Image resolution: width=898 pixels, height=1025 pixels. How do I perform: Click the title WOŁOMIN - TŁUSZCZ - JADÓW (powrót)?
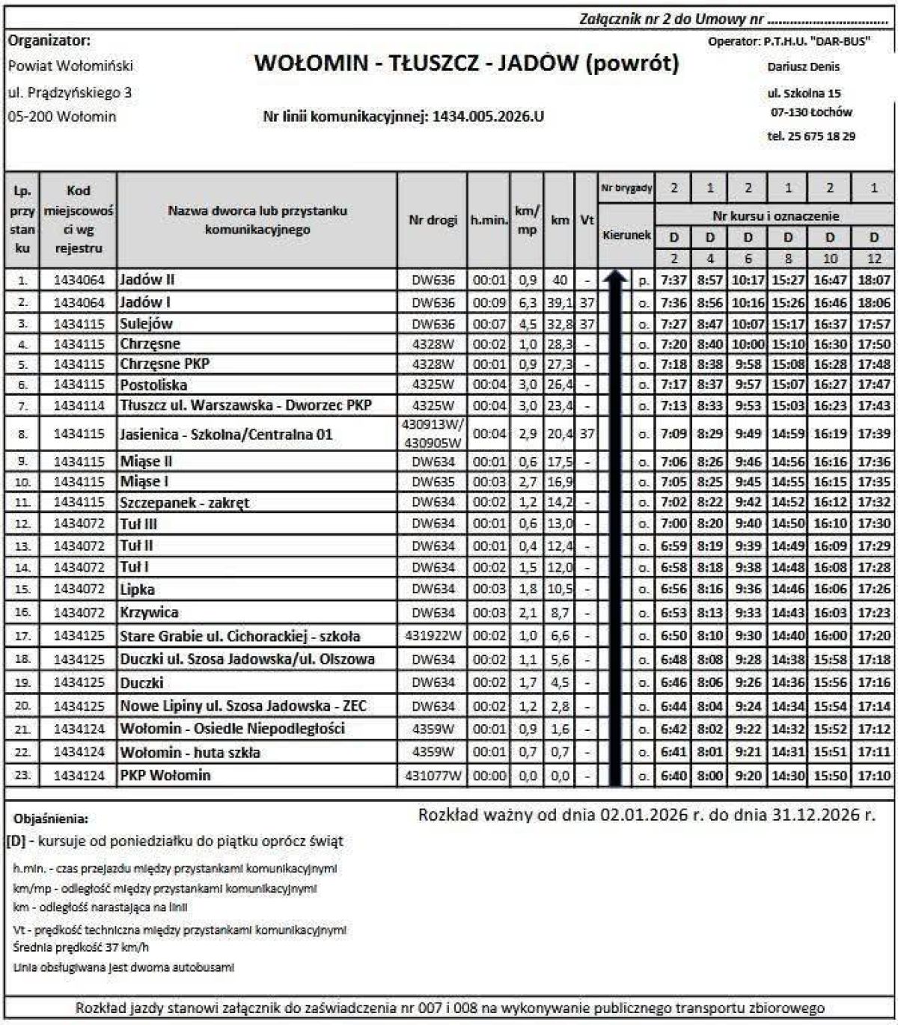466,64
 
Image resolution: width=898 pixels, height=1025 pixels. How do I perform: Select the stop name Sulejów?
146,324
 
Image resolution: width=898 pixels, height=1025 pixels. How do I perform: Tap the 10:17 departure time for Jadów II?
748,280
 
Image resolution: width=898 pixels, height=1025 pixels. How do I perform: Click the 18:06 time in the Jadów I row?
873,303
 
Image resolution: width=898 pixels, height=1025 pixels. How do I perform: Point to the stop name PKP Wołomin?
165,775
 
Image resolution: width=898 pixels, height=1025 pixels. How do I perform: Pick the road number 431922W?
433,635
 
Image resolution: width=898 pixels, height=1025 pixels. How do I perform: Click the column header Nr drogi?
433,220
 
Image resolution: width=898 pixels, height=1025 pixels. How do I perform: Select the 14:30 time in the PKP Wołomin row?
788,776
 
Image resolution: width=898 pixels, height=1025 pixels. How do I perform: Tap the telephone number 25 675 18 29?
821,136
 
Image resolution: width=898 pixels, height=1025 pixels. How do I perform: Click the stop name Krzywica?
150,612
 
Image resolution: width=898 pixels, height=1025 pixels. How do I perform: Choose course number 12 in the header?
873,259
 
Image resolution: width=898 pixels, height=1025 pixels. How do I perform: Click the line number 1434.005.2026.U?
487,117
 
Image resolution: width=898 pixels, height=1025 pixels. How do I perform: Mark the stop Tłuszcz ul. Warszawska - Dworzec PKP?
245,406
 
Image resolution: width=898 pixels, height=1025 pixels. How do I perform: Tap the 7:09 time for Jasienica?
673,434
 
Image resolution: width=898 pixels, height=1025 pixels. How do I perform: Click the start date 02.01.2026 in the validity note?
643,815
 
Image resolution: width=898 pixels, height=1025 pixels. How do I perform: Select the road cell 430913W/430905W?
433,434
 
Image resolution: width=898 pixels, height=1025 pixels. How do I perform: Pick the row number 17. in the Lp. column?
23,635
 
